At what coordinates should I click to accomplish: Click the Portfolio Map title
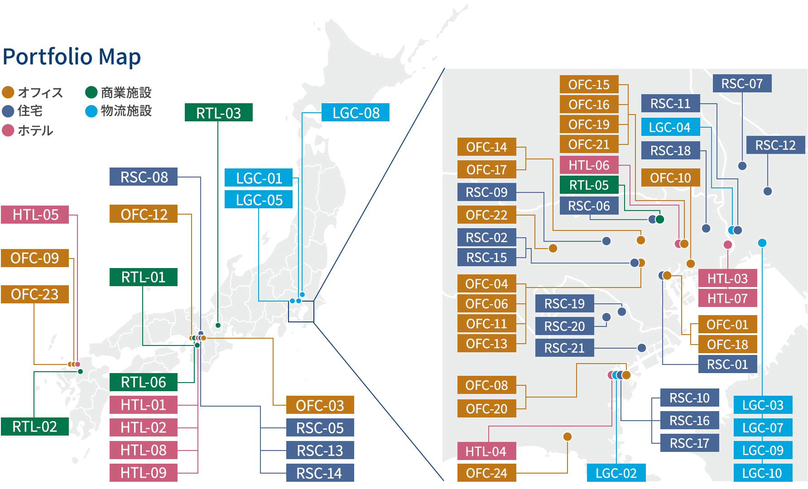point(72,57)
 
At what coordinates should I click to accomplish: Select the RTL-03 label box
point(218,113)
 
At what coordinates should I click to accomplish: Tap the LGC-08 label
point(356,113)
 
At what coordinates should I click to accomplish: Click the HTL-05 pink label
point(35,215)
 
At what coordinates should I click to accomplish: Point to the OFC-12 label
point(144,214)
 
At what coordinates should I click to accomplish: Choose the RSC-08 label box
point(144,177)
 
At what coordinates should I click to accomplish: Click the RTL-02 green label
point(34,427)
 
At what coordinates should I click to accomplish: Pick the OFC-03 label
point(320,405)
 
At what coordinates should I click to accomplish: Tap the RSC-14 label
point(320,473)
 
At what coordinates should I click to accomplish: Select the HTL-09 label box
point(143,473)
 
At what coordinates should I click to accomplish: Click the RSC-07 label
point(742,84)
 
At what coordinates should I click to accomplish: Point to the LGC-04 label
point(670,127)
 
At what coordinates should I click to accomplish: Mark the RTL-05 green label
point(589,185)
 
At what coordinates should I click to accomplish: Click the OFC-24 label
point(486,473)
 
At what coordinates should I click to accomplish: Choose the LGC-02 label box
point(616,473)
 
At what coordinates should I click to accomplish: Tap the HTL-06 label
point(589,165)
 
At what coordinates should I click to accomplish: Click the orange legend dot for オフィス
point(8,92)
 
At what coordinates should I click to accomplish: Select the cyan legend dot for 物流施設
point(91,111)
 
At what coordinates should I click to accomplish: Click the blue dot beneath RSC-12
point(767,191)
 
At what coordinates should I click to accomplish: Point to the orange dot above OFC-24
point(568,436)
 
